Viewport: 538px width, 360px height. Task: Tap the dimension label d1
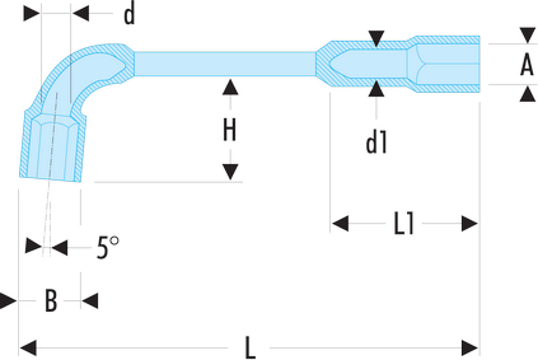[377, 143]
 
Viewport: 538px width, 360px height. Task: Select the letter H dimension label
[230, 130]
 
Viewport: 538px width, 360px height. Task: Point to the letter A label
[527, 65]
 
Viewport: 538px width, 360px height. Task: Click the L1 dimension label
[404, 224]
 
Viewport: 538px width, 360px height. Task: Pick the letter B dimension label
[51, 301]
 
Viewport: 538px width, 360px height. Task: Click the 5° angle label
[108, 247]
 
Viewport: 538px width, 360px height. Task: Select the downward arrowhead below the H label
[230, 172]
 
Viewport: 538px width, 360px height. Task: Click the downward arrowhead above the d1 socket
[377, 38]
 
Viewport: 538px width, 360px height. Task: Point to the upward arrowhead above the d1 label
[377, 89]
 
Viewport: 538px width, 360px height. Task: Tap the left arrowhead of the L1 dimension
[341, 224]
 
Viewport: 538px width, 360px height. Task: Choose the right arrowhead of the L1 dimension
[470, 224]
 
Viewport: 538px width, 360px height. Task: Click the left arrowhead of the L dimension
[28, 348]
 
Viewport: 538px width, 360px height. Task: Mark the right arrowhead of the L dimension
[470, 348]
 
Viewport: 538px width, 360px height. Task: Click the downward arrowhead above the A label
[528, 36]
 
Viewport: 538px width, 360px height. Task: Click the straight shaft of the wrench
[225, 64]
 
